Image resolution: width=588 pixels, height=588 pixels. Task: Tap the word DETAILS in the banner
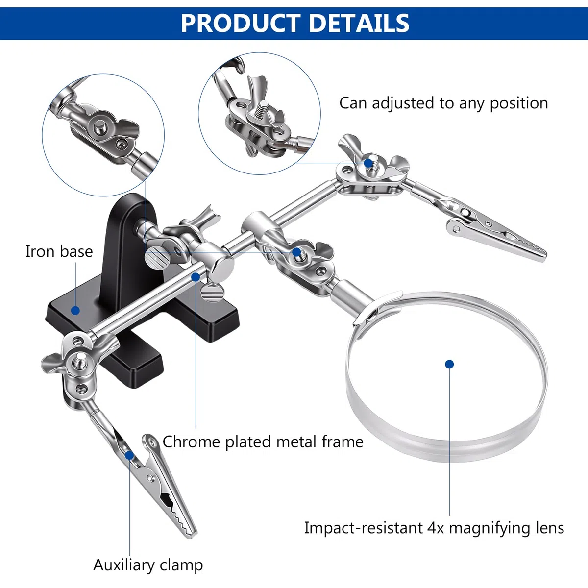click(359, 23)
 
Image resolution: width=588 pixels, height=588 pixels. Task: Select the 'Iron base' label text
click(59, 251)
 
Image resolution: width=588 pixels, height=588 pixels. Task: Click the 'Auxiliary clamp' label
click(148, 565)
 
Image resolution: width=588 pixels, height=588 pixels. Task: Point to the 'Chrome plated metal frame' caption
click(263, 441)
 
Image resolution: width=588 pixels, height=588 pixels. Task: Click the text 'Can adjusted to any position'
click(443, 103)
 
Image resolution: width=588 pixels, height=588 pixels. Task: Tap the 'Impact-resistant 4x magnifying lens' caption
click(434, 528)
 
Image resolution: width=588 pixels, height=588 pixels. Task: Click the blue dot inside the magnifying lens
click(449, 364)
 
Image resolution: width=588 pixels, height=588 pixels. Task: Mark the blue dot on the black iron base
click(75, 311)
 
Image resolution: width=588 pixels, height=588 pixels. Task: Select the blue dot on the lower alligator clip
click(129, 456)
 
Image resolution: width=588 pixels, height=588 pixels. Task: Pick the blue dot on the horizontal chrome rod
click(196, 277)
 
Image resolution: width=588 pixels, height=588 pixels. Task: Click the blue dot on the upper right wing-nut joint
click(368, 163)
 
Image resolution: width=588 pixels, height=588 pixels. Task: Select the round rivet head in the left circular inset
click(99, 126)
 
